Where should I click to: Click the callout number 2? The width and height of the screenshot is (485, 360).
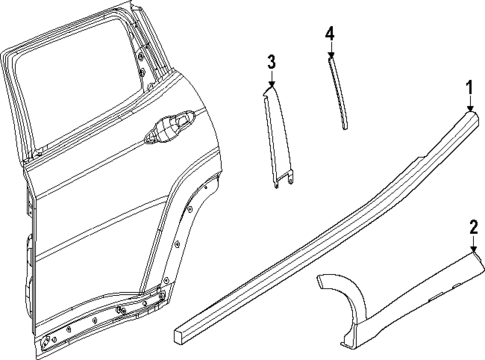(474, 226)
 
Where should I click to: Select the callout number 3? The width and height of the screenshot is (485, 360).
(270, 63)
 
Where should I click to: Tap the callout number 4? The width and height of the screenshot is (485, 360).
(329, 33)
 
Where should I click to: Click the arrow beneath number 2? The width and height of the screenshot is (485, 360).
(474, 243)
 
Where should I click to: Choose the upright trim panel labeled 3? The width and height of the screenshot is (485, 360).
(280, 135)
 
